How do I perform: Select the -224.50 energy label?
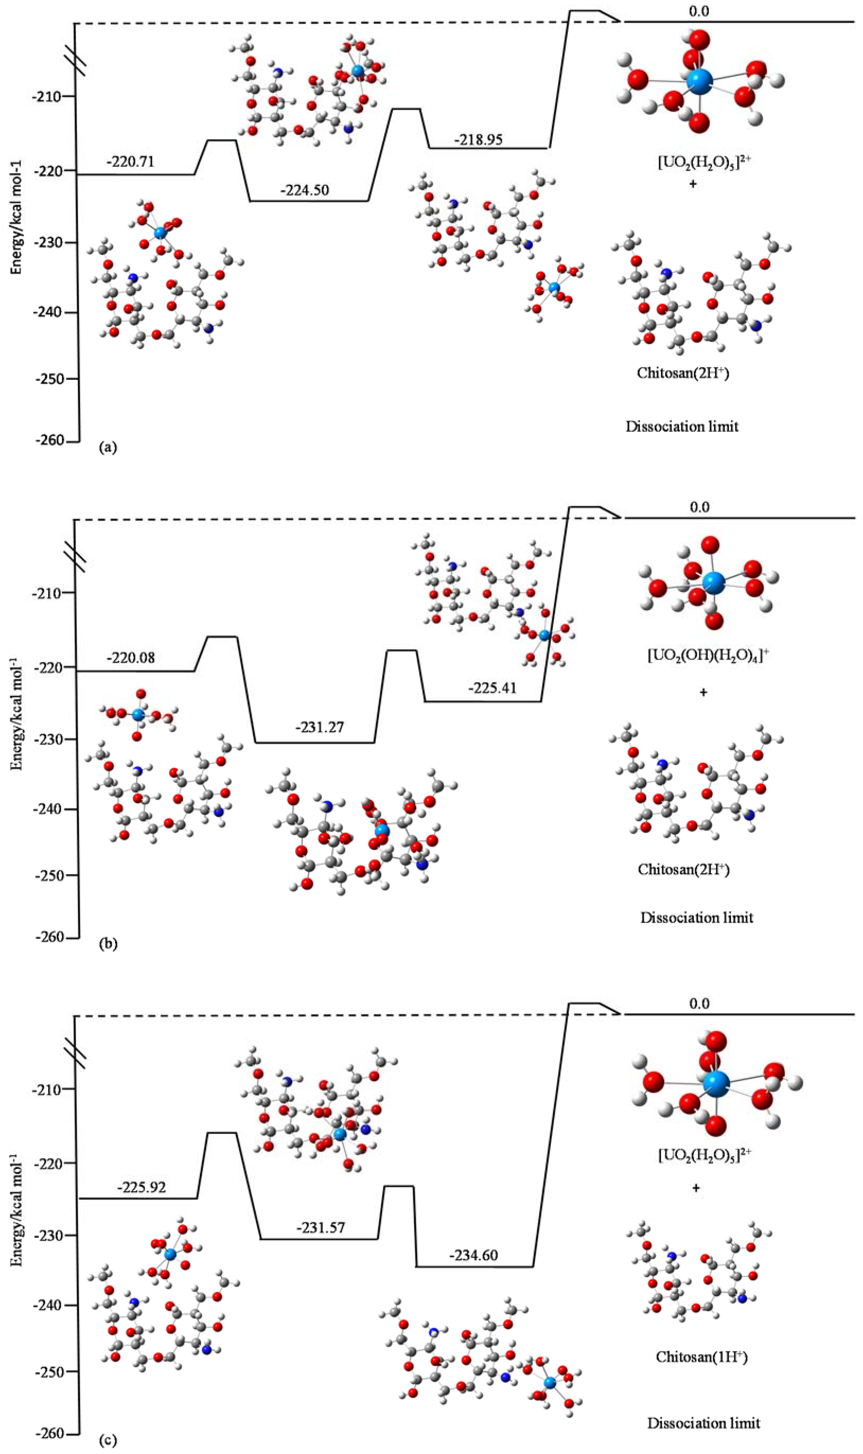coord(304,190)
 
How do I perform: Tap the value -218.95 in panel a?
coord(479,140)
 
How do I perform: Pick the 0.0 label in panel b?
coord(699,507)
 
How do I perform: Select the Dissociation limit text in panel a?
coord(681,426)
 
